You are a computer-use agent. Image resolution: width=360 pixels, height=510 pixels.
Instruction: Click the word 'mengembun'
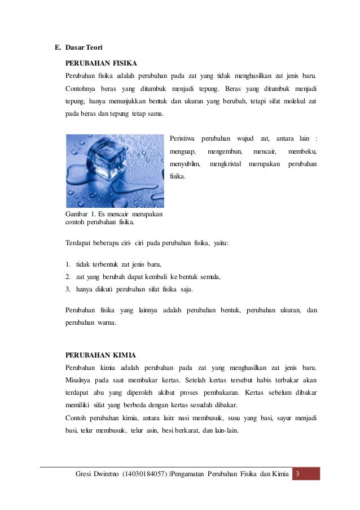[x=225, y=151]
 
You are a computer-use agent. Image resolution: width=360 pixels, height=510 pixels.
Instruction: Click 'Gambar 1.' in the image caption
[x=79, y=214]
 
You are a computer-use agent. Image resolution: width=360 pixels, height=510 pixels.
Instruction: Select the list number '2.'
[x=68, y=276]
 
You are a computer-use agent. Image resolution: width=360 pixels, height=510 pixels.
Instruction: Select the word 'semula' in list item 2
[x=209, y=276]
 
